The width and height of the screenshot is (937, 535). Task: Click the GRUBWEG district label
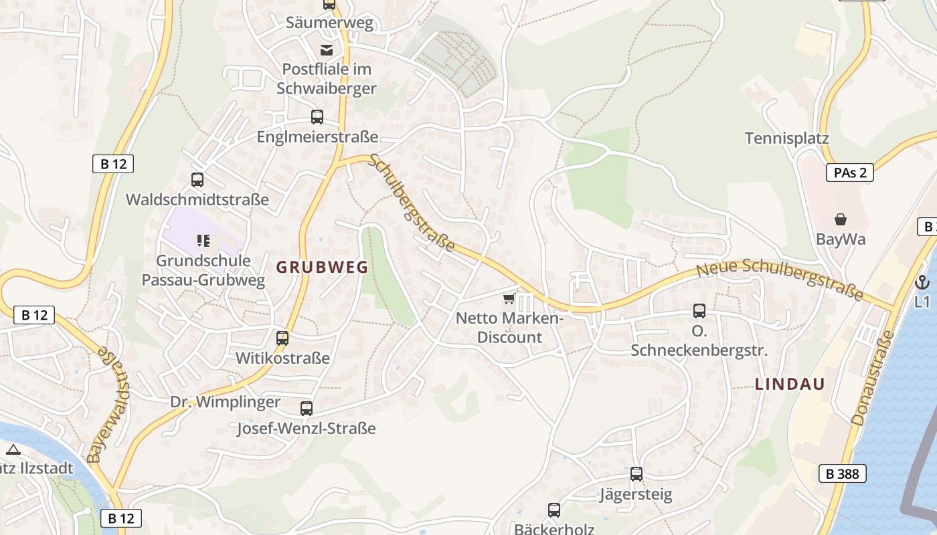click(322, 267)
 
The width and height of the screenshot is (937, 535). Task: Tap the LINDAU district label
click(790, 384)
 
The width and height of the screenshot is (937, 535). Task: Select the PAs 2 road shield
click(850, 173)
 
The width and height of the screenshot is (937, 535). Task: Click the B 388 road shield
click(842, 474)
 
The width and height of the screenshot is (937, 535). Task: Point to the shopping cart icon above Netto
click(509, 298)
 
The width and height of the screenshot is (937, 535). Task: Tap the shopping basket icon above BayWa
click(841, 219)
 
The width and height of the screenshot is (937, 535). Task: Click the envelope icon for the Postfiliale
click(327, 49)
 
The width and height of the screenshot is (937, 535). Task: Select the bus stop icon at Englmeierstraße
click(317, 117)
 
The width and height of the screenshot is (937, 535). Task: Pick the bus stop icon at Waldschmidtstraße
click(197, 180)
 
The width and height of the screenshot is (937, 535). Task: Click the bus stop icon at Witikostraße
click(282, 338)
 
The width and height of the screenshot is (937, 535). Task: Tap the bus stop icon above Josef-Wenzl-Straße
click(307, 408)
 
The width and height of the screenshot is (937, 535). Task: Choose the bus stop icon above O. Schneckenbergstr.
click(699, 311)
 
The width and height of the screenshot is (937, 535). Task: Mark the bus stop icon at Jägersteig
click(636, 474)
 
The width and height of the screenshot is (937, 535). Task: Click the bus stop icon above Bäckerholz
click(554, 510)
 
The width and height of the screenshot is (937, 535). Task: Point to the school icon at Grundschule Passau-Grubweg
click(203, 241)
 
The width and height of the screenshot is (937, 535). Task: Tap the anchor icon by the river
click(922, 282)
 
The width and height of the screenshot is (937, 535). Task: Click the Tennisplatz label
click(786, 138)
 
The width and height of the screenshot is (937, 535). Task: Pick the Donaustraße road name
click(873, 378)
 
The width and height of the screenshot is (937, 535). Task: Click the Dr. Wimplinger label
click(225, 402)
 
